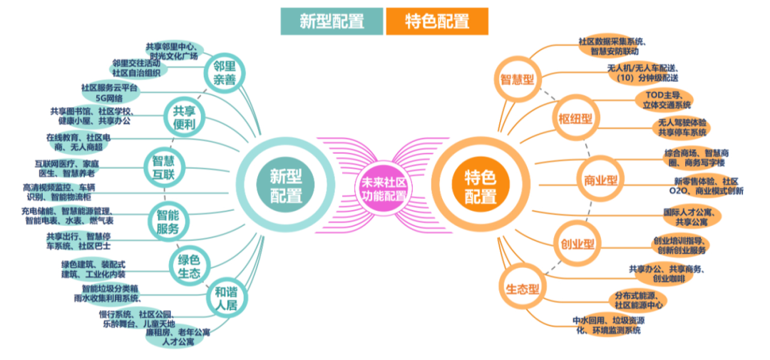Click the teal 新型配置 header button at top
pos(332,21)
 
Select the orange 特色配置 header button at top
pos(437,21)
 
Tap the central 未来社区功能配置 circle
pos(384,187)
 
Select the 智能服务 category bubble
pos(168,220)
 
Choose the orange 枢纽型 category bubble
pos(574,118)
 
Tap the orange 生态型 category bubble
pos(522,289)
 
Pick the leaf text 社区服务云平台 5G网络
pos(109,93)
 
